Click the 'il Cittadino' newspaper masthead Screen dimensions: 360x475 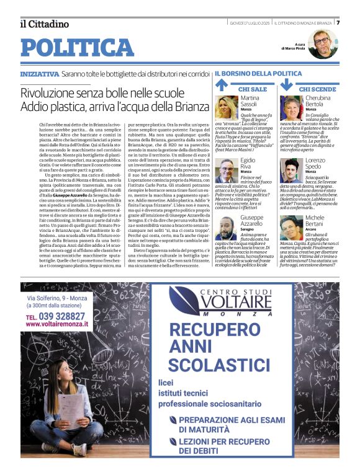coord(44,24)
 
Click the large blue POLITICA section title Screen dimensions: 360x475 coord(77,48)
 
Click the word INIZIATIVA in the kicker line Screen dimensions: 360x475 coord(40,73)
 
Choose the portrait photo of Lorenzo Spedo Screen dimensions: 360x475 coord(290,170)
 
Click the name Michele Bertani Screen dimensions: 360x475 coord(315,221)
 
